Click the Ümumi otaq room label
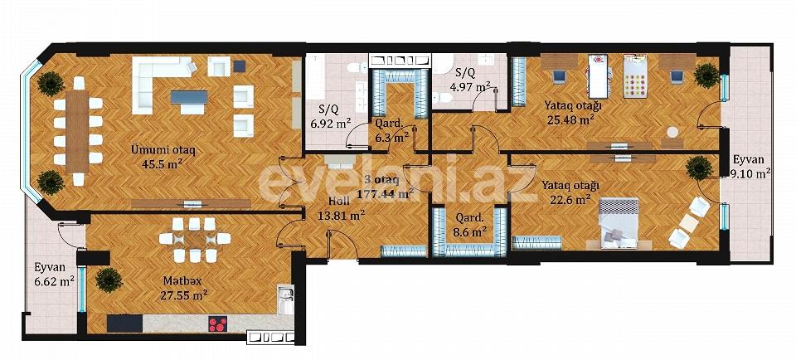point(163,149)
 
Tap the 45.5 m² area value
point(163,163)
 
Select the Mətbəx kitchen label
point(184,280)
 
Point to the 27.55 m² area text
point(184,294)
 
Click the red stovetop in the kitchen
point(217,324)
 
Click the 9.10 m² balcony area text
point(752,174)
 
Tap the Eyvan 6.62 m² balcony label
point(54,275)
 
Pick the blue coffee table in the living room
point(190,96)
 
